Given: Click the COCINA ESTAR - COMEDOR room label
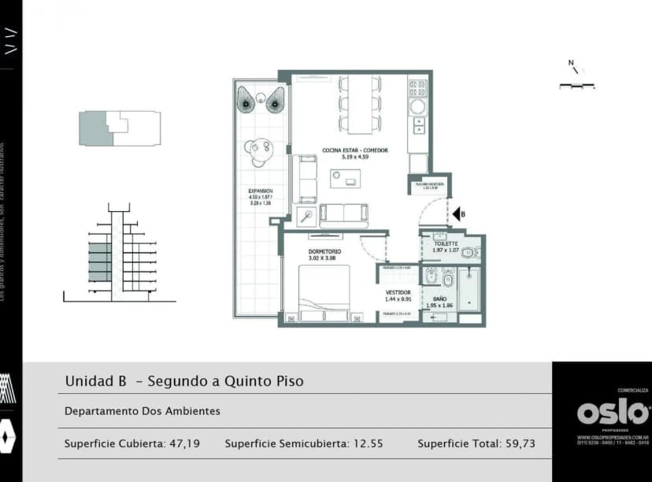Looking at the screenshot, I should pos(354,150).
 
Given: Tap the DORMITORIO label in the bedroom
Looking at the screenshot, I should pos(323,251).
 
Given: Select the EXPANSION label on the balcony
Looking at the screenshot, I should pos(260,191).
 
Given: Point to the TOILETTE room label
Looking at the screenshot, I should pos(446,244).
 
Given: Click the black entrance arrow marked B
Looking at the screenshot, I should pos(456,213).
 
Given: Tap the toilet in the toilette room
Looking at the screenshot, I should pos(470,253).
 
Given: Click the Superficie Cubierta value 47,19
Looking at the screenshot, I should pos(185,443).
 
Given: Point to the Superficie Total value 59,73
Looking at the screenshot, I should pos(519,443).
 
